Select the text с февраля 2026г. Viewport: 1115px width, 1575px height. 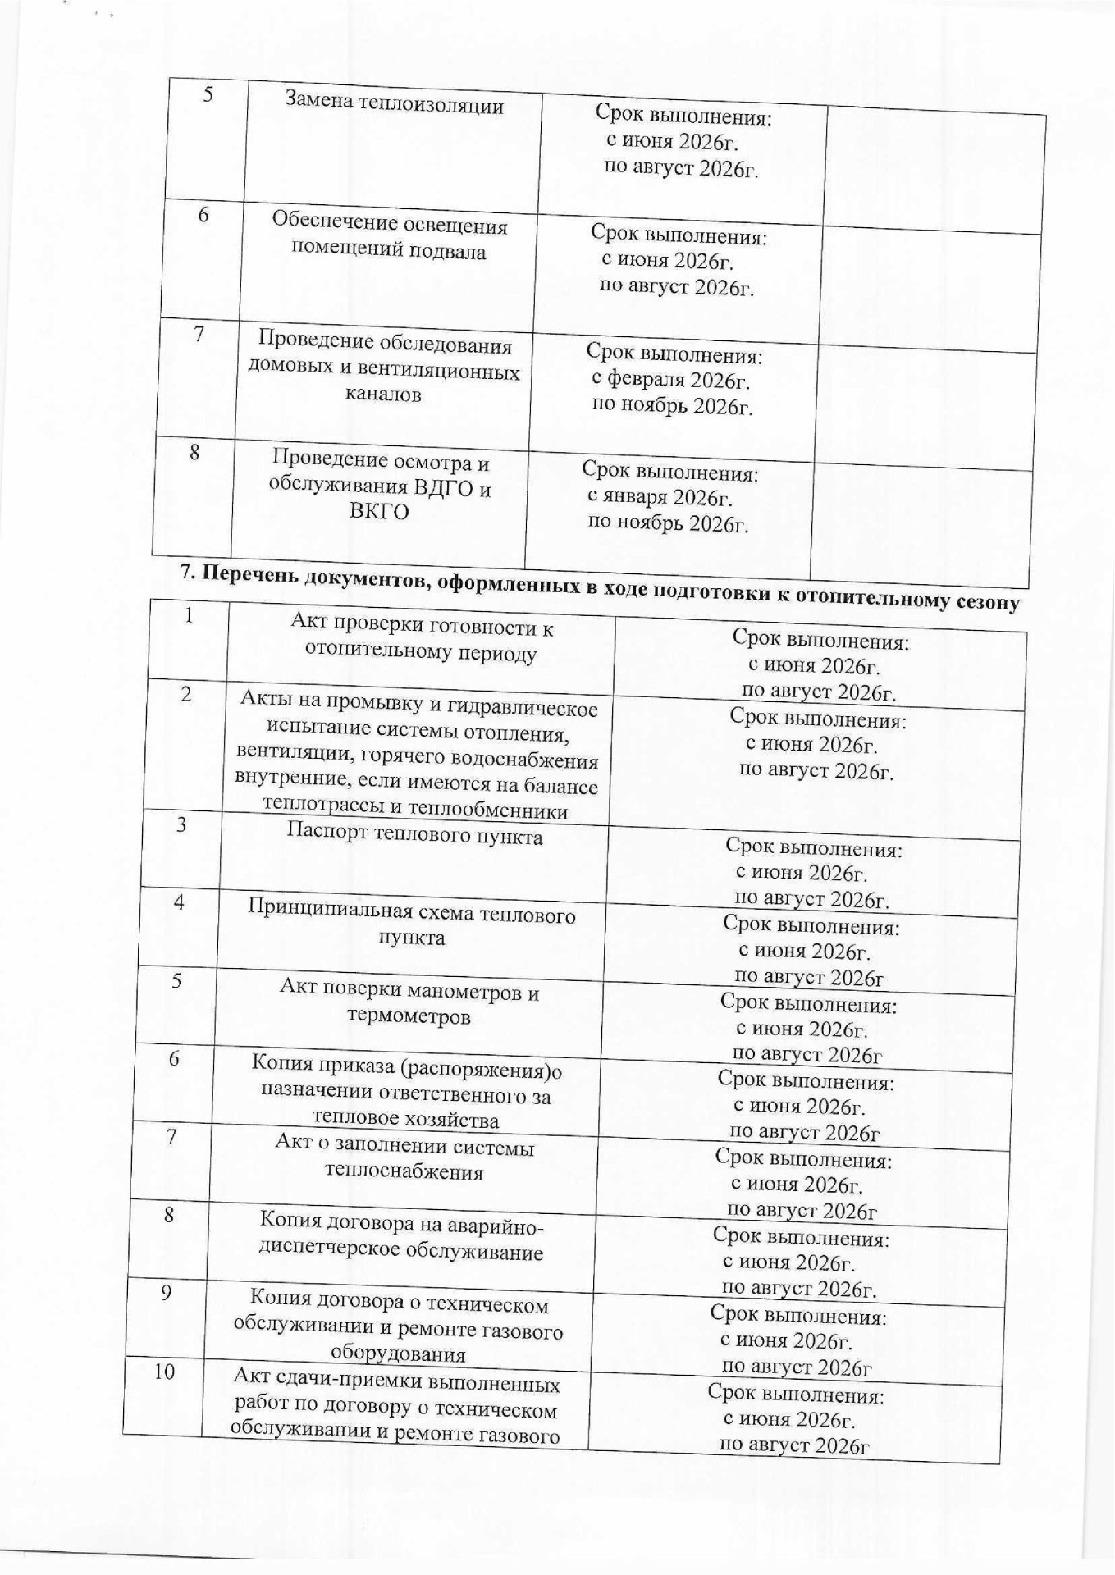click(671, 381)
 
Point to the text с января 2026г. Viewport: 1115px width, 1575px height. click(660, 497)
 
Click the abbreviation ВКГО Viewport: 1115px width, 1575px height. click(379, 513)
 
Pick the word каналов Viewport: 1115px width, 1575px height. click(382, 395)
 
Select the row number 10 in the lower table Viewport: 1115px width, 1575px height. click(165, 1372)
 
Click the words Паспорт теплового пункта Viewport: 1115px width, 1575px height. click(414, 836)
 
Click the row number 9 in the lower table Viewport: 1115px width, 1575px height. click(167, 1294)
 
